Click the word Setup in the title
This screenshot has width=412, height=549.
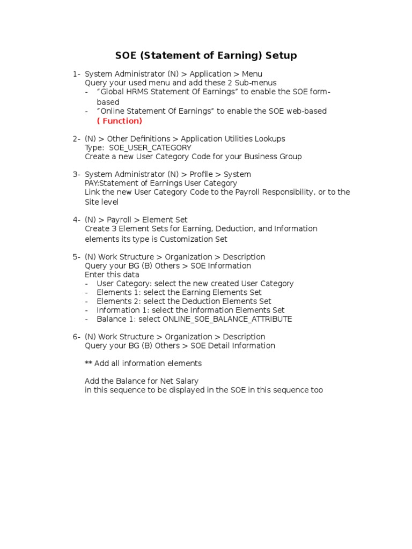click(x=278, y=56)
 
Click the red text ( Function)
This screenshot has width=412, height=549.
click(x=120, y=121)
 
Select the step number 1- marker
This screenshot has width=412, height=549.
click(x=77, y=74)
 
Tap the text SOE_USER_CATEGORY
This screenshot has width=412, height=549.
click(x=150, y=147)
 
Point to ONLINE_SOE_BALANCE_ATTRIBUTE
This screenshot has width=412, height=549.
click(x=227, y=319)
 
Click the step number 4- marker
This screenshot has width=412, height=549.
click(x=77, y=220)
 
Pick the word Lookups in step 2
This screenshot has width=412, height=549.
click(x=271, y=139)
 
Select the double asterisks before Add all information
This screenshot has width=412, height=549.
click(x=89, y=363)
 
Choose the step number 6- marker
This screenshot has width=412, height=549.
click(x=77, y=337)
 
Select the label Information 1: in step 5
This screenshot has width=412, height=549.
click(x=123, y=310)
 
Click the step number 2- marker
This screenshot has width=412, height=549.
click(x=77, y=139)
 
